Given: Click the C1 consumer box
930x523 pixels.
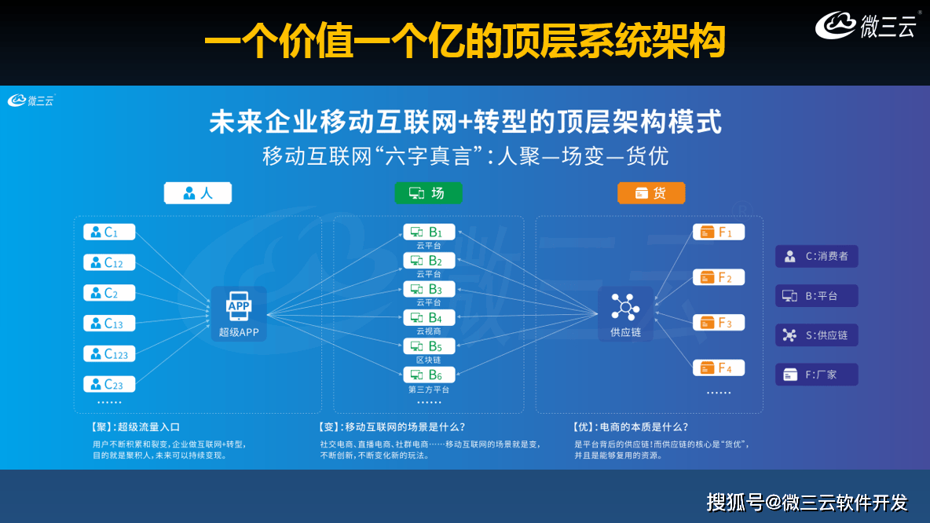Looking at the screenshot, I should point(109,232).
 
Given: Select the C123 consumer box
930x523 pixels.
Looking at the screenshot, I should point(109,353).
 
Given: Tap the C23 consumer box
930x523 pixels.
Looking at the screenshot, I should point(109,384).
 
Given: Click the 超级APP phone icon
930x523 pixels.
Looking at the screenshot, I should point(238,305).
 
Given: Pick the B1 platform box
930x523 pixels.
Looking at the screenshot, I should point(429,232).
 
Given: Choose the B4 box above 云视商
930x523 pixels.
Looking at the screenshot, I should point(429,318).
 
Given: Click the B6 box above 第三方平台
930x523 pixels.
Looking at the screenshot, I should point(429,375).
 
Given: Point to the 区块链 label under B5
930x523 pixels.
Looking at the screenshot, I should point(429,360).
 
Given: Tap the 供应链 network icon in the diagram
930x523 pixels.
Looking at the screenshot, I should point(625,305).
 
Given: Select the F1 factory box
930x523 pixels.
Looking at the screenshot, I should point(718,232).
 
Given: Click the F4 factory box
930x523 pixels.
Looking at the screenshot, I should point(718,368).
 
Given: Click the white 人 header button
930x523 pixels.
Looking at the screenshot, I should point(198,193).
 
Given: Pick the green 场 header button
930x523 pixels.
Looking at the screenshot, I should point(428,193).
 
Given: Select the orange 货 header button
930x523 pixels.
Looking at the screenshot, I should point(651,193).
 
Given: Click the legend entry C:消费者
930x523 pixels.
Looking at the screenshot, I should point(816,256).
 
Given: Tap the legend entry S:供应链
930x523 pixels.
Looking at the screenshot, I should point(816,335).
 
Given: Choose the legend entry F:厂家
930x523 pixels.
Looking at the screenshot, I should point(816,375).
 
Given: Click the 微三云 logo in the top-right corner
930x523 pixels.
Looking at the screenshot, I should point(866,26).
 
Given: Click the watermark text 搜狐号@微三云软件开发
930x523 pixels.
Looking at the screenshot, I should point(807,502).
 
